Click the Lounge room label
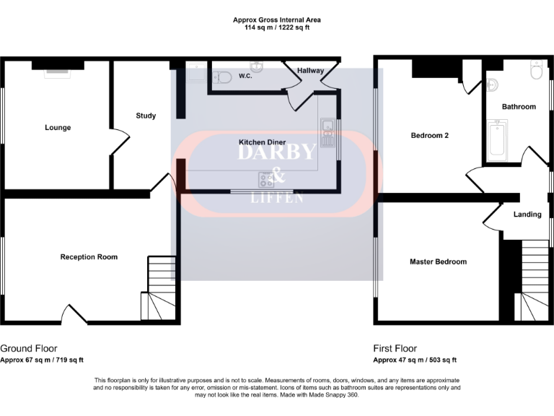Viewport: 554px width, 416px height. pyautogui.click(x=58, y=128)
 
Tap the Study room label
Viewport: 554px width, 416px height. pyautogui.click(x=146, y=116)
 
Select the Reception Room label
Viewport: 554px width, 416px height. pyautogui.click(x=89, y=257)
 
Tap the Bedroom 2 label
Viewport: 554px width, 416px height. pyautogui.click(x=430, y=135)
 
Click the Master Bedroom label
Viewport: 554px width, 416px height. pyautogui.click(x=438, y=261)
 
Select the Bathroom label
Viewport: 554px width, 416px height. pyautogui.click(x=519, y=107)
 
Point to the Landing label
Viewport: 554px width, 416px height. pyautogui.click(x=527, y=214)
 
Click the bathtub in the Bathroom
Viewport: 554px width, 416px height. pyautogui.click(x=498, y=142)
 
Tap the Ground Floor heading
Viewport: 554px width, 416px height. pyautogui.click(x=29, y=348)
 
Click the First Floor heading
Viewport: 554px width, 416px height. pyautogui.click(x=395, y=348)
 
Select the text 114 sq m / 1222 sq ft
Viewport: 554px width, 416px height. pyautogui.click(x=277, y=27)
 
